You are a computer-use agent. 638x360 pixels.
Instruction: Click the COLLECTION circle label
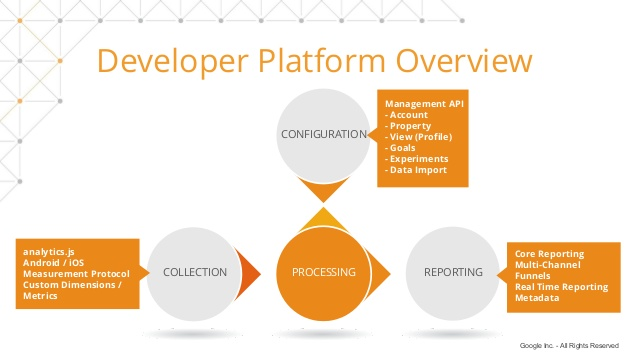tap(195, 272)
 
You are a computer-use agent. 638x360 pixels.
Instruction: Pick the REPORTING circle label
tap(453, 272)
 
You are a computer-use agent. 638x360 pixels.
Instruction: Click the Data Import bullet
tap(416, 170)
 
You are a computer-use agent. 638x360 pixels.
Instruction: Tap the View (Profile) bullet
tap(421, 136)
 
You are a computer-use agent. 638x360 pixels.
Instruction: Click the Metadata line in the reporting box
tap(538, 298)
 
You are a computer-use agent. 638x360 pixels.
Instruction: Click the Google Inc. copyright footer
tap(569, 346)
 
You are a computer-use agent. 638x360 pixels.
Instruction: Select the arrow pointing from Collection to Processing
tap(250, 272)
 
